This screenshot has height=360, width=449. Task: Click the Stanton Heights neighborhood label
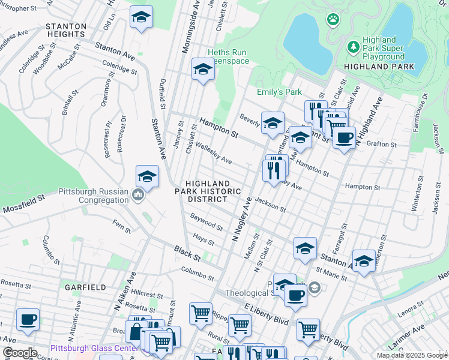point(65,30)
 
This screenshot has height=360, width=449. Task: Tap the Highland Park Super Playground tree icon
point(354,46)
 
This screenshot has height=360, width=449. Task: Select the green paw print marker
point(333,20)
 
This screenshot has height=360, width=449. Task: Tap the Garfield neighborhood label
point(86,287)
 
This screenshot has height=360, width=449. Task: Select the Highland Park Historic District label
point(208,191)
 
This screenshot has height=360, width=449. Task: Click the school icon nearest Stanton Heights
point(141,17)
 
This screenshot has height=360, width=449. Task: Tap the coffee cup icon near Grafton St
point(344,137)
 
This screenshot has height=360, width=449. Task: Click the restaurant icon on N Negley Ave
point(274,170)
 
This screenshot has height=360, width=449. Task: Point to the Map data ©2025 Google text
point(411,355)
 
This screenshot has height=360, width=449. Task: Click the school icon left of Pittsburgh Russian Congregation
point(147,176)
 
